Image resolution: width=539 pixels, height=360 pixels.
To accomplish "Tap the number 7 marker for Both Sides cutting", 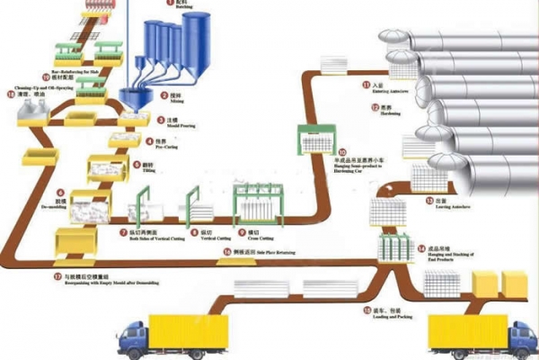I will click(x=123, y=231).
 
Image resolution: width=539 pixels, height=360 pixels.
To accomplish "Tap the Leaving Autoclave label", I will click(x=445, y=206).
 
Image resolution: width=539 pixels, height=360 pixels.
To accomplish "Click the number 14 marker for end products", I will click(x=420, y=247).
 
